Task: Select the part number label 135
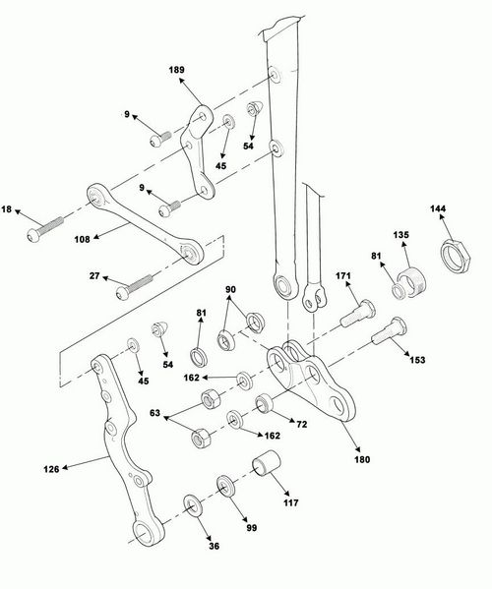click(x=402, y=235)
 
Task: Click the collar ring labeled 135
click(x=413, y=278)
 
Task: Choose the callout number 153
click(x=416, y=360)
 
